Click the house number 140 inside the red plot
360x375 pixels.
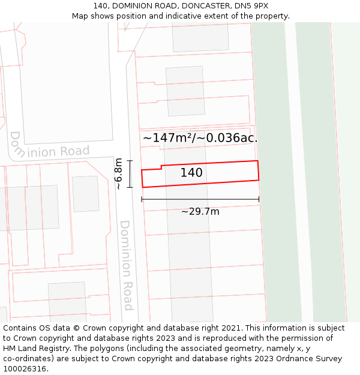[x=191, y=173]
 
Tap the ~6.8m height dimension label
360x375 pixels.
[x=119, y=173]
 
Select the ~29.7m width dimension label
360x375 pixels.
[x=200, y=211]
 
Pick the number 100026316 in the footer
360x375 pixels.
[x=25, y=369]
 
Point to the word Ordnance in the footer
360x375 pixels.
[x=287, y=359]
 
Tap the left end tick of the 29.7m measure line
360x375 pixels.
[x=142, y=199]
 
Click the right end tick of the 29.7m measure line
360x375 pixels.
[x=259, y=199]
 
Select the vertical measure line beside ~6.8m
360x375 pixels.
[x=130, y=174]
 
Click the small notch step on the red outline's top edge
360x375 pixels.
[x=161, y=167]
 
